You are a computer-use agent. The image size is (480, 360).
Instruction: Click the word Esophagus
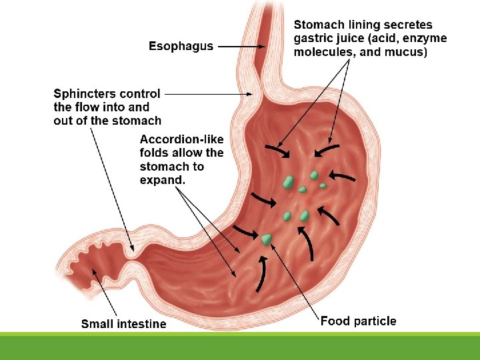point(181,46)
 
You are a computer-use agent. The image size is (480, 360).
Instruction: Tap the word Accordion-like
point(181,139)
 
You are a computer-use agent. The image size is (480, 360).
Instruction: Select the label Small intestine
point(123,324)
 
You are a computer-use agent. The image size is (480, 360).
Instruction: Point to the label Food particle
point(358,321)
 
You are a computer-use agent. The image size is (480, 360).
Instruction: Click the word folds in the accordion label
point(155,153)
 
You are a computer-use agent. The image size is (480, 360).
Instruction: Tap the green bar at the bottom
point(240,347)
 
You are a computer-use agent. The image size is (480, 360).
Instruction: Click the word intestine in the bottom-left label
point(143,324)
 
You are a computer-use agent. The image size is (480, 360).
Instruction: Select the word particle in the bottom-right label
point(374,321)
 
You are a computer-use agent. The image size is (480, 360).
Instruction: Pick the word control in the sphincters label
point(141,94)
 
